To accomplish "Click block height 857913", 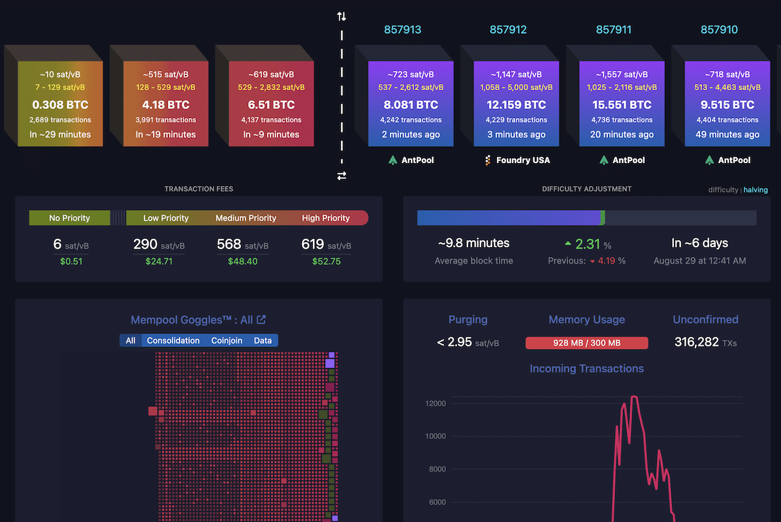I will [x=402, y=29].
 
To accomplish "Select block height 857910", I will [x=719, y=29].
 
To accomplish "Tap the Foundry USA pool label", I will [x=522, y=160].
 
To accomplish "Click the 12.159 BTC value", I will [x=516, y=104].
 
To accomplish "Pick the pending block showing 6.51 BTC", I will [x=270, y=104].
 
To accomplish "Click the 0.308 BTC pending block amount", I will [x=59, y=104].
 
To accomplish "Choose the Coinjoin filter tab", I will [x=227, y=340].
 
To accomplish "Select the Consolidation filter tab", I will [x=173, y=340].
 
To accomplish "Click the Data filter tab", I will [x=263, y=340].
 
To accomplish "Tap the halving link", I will [x=756, y=190].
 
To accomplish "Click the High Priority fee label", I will [x=326, y=218].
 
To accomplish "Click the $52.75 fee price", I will [x=327, y=261].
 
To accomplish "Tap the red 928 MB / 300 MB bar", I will [x=586, y=343].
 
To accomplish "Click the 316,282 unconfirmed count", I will [x=697, y=342].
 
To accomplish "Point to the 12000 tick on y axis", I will [x=435, y=403].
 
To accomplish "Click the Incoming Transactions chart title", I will [x=586, y=369].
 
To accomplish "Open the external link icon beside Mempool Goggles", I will [x=261, y=320].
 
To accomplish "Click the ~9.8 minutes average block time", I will [x=473, y=243].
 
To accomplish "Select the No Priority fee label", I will [x=69, y=218].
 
